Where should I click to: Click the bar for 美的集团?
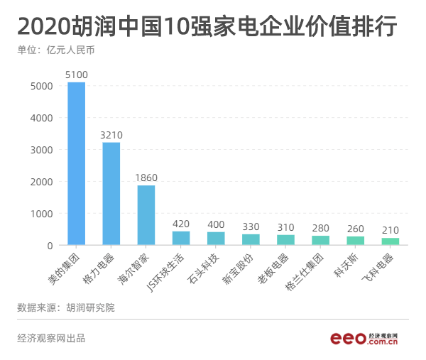pos(76,163)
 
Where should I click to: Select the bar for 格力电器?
pos(111,194)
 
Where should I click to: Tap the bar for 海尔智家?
pos(146,215)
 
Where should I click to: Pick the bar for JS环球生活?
pos(181,239)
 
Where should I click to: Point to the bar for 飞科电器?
pos(390,241)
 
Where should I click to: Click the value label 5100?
pos(76,74)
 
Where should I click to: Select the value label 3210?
pos(111,134)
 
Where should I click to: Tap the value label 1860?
pos(146,177)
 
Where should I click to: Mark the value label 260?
pos(356,229)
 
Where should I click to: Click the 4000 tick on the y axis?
pos(40,118)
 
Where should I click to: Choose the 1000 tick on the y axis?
pos(40,214)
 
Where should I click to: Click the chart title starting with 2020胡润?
pos(207,27)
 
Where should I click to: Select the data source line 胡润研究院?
pos(65,307)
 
